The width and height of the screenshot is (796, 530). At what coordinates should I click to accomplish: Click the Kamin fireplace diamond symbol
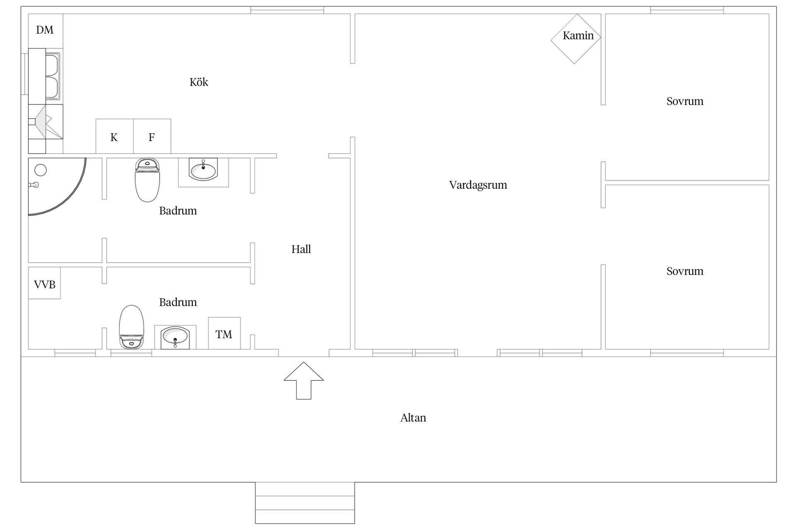(575, 39)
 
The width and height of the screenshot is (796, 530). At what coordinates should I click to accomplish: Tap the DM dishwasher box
(46, 30)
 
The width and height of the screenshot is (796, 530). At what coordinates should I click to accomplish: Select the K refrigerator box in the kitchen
(114, 136)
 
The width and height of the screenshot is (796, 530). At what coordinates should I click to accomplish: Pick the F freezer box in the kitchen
(152, 136)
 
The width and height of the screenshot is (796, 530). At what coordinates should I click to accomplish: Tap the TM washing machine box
(224, 333)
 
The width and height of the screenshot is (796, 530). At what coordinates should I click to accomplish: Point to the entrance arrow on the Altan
(303, 381)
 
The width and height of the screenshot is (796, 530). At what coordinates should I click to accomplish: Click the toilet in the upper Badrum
(147, 180)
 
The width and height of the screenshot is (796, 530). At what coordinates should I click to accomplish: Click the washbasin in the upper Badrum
(203, 172)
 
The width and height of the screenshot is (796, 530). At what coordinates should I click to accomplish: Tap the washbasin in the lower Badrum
(175, 337)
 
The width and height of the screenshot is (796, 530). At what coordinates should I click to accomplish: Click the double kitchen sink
(52, 77)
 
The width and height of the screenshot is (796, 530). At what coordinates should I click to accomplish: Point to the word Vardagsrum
(478, 185)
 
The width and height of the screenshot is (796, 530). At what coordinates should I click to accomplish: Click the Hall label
(301, 249)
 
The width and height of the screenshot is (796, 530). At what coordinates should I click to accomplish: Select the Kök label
(199, 82)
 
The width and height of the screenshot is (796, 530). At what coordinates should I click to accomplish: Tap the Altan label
(413, 418)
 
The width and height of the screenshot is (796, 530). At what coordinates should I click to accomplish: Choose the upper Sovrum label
(685, 101)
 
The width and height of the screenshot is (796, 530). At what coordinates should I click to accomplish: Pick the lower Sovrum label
(685, 271)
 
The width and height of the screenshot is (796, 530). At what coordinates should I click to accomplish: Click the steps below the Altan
(305, 503)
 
